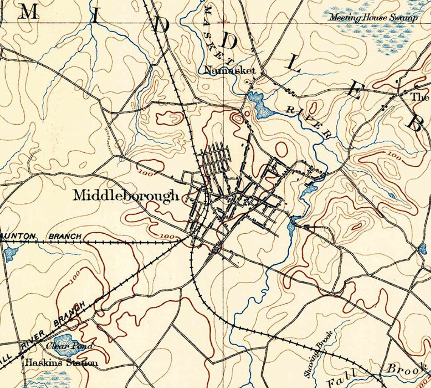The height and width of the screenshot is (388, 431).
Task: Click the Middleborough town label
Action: [x=126, y=196]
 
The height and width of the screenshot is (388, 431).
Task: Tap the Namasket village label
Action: [x=229, y=70]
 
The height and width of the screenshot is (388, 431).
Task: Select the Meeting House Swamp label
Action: [x=373, y=17]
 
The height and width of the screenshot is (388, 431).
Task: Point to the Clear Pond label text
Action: [x=69, y=346]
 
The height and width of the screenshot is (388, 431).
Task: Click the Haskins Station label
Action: [x=61, y=363]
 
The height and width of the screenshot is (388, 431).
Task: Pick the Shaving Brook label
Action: [x=319, y=354]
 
